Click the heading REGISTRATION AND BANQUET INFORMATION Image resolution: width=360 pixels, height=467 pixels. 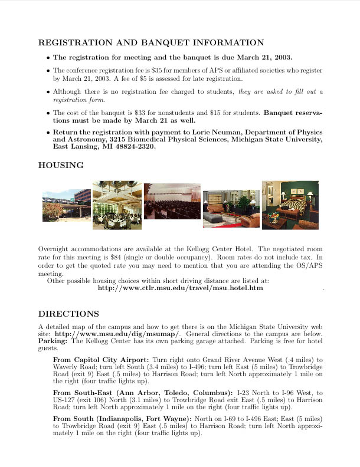[151, 43]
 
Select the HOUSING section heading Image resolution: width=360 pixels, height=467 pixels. [61, 166]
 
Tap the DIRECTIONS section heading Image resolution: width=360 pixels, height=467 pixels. [68, 314]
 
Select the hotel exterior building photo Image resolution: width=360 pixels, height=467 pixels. [65, 206]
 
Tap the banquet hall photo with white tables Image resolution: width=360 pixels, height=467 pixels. [117, 205]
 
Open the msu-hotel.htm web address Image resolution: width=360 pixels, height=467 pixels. [180, 288]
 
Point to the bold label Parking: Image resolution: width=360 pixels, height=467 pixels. [53, 341]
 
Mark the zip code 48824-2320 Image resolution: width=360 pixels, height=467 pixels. [136, 147]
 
